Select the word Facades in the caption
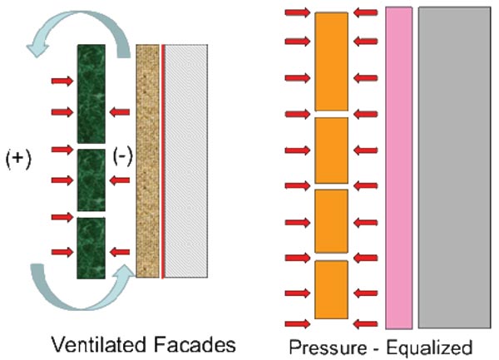click(x=194, y=343)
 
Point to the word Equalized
click(x=426, y=346)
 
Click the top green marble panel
click(x=91, y=93)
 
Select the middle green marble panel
click(x=91, y=179)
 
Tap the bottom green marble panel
click(x=91, y=247)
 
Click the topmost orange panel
click(x=333, y=61)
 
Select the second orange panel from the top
click(x=333, y=150)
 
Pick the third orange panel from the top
click(x=333, y=220)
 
